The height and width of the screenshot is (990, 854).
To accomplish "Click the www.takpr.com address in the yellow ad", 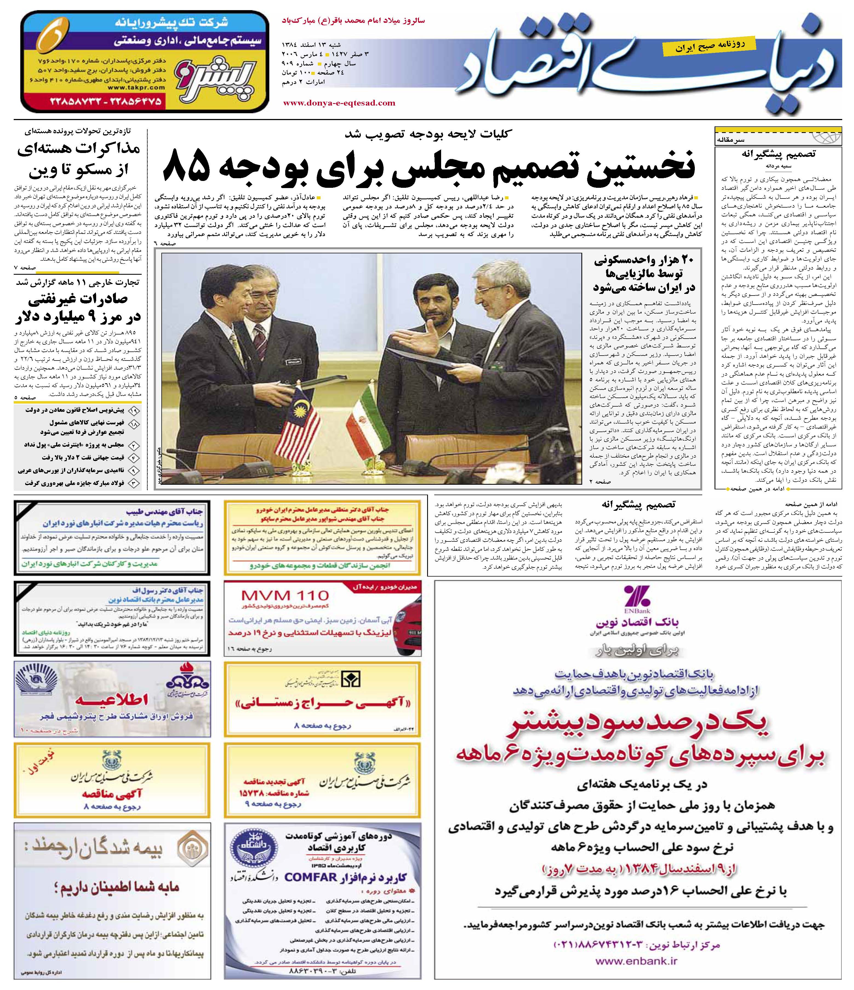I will [136, 87].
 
